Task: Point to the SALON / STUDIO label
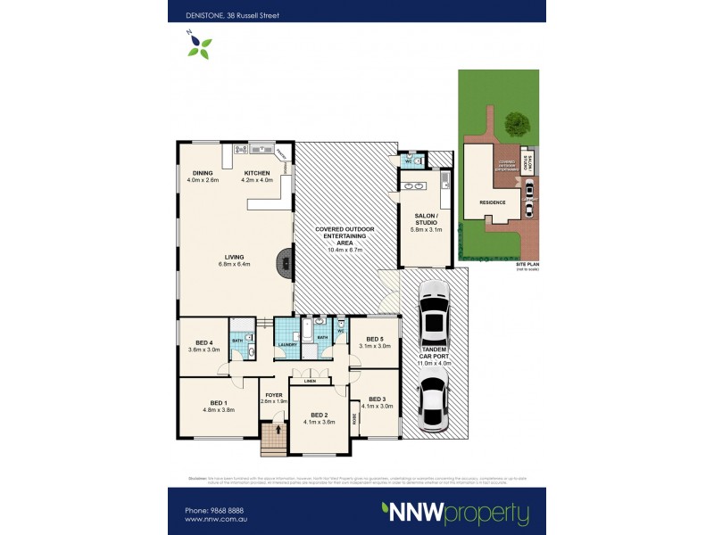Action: point(424,220)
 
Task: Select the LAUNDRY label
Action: point(286,344)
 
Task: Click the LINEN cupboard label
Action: point(310,383)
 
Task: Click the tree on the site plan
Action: point(514,123)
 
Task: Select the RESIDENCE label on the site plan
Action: point(494,202)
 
